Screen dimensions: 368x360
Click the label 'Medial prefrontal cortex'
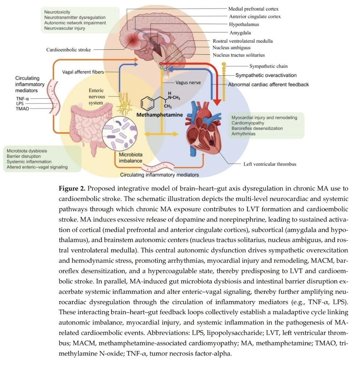point(253,9)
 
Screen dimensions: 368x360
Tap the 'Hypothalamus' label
point(244,25)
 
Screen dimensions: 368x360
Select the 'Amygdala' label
point(240,33)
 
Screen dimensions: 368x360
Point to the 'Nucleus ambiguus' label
point(232,48)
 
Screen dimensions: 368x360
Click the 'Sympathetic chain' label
point(268,66)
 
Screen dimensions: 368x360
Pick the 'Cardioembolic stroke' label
point(68,50)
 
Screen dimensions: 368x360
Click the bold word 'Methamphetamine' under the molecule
point(160,115)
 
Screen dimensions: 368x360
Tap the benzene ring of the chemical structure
point(147,104)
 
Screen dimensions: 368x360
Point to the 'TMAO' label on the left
point(23,108)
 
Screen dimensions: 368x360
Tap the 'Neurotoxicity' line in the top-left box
point(58,12)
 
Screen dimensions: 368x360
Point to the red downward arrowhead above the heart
point(217,101)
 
